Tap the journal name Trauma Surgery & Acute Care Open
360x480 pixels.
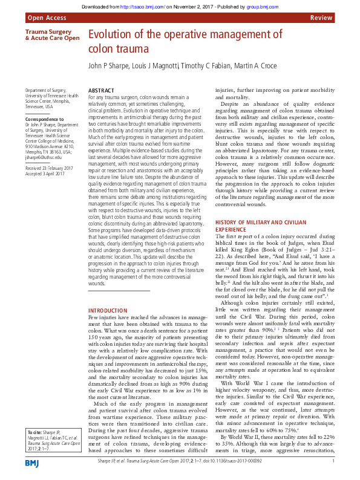(x=52, y=34)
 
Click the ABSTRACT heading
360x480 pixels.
(x=101, y=89)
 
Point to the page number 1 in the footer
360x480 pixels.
(x=334, y=461)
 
